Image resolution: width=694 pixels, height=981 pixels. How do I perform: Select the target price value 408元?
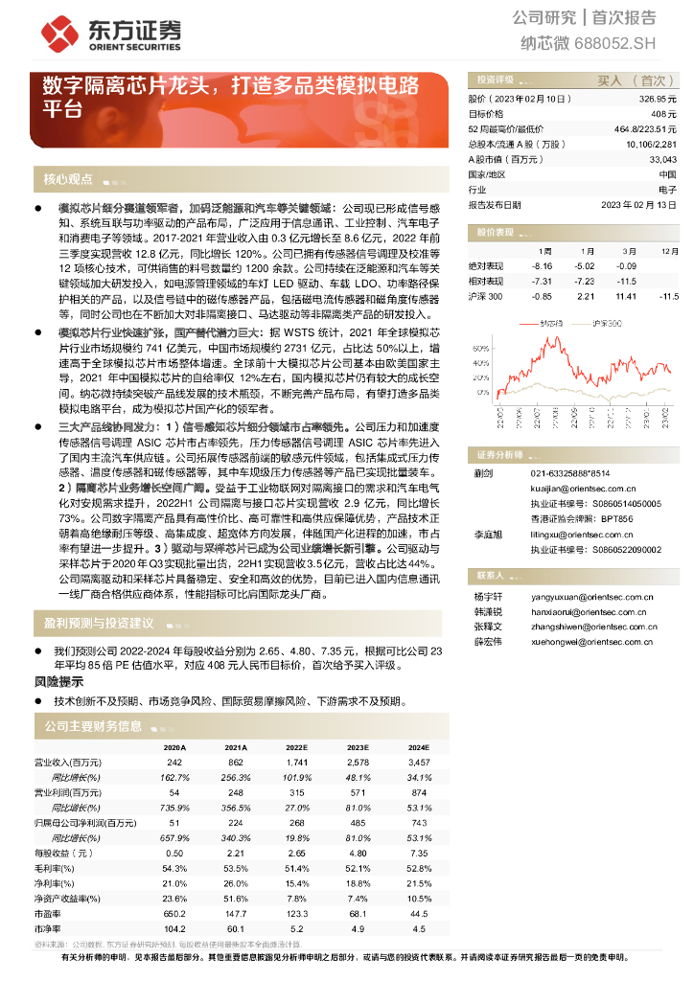tap(665, 113)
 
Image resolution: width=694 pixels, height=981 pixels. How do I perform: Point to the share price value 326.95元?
tap(658, 99)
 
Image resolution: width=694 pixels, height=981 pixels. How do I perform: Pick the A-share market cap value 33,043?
tap(662, 159)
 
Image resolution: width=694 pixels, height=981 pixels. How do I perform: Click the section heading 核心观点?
tap(68, 179)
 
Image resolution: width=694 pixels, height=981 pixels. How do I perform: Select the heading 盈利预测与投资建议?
tap(99, 624)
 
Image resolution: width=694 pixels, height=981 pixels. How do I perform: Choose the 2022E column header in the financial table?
tap(296, 747)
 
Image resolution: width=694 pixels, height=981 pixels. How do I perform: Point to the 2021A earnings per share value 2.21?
tap(236, 853)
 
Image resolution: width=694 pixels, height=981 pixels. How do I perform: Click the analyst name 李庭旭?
tap(488, 533)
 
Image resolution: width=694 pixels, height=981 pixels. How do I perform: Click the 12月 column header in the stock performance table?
tap(662, 250)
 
